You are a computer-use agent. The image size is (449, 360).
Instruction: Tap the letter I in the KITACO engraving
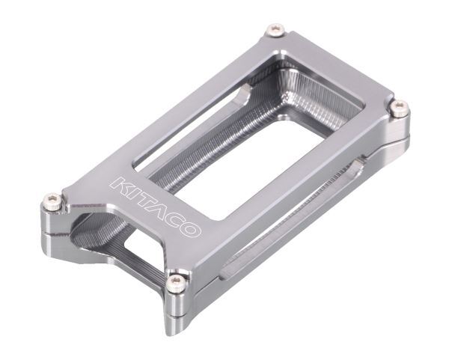click(x=129, y=191)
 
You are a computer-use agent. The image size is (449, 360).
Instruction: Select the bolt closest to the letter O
click(x=175, y=281)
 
